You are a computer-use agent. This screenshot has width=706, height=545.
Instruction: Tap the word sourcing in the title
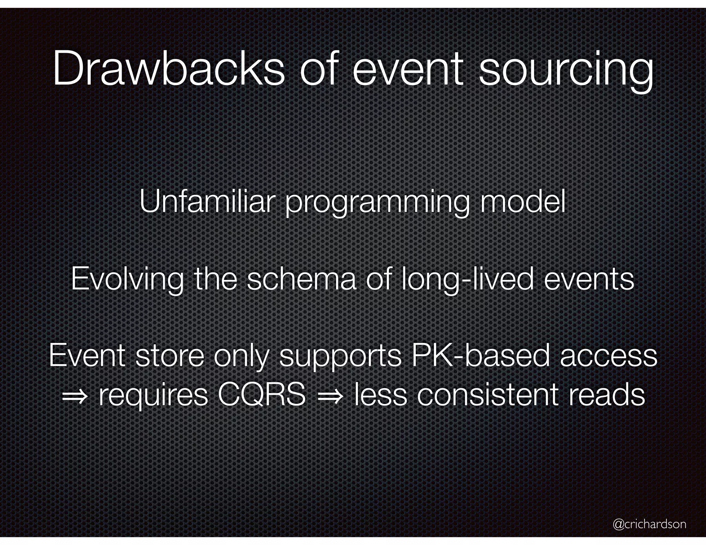pyautogui.click(x=566, y=69)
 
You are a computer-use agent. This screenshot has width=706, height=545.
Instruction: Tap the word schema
pyautogui.click(x=302, y=279)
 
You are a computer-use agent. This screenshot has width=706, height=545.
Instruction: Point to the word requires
pyautogui.click(x=153, y=396)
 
